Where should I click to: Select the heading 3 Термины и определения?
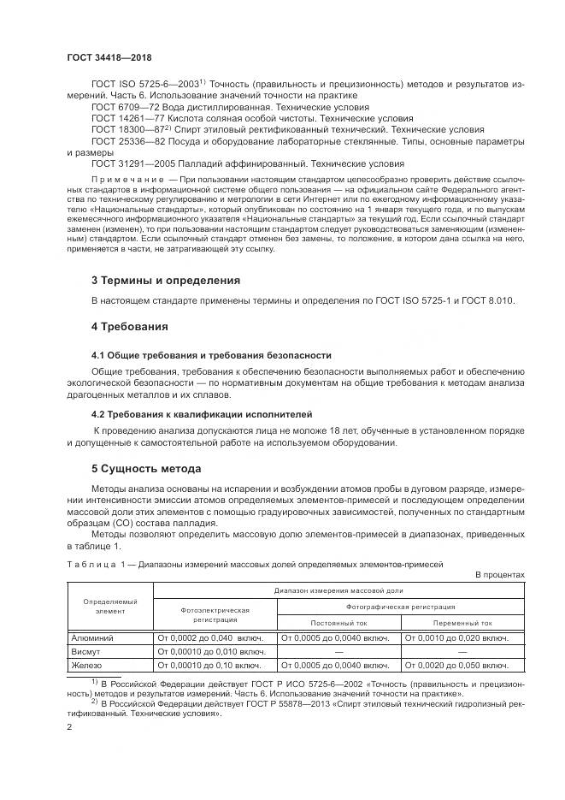(x=166, y=280)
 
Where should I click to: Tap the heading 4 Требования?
(x=129, y=326)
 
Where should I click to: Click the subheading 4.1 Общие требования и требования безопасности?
(x=211, y=354)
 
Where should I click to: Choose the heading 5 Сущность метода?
(x=146, y=469)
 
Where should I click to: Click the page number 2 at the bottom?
(x=68, y=726)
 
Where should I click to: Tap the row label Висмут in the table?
(x=86, y=651)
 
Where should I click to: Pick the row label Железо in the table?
(x=86, y=665)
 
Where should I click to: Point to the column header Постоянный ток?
(x=338, y=623)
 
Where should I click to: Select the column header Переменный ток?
(x=462, y=623)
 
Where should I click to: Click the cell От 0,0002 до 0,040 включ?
(x=210, y=637)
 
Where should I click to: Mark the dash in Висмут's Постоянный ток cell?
(x=338, y=651)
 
